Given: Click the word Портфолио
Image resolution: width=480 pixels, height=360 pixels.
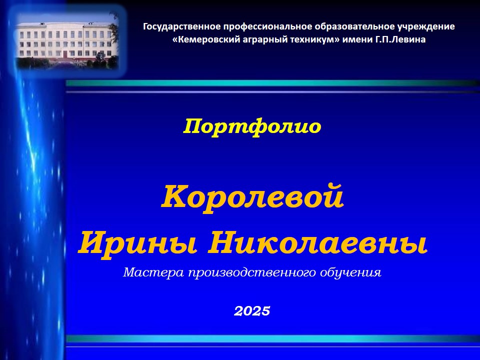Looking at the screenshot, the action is [252, 126].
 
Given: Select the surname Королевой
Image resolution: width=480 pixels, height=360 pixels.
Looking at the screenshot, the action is [252, 196].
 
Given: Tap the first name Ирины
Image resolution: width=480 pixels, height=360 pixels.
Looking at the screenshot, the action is [137, 243].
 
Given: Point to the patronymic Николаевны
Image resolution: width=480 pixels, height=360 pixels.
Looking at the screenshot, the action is [318, 243].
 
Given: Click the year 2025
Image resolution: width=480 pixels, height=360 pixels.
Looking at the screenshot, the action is [252, 311].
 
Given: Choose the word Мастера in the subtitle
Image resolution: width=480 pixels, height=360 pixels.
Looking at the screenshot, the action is [153, 272].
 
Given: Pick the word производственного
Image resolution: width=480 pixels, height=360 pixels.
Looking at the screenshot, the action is [252, 272].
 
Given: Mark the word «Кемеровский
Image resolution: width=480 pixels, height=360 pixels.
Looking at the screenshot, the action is [207, 39].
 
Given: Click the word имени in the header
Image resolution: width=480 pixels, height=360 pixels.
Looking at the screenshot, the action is [357, 39].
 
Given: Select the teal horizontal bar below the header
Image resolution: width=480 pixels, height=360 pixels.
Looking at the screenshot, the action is [272, 83].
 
